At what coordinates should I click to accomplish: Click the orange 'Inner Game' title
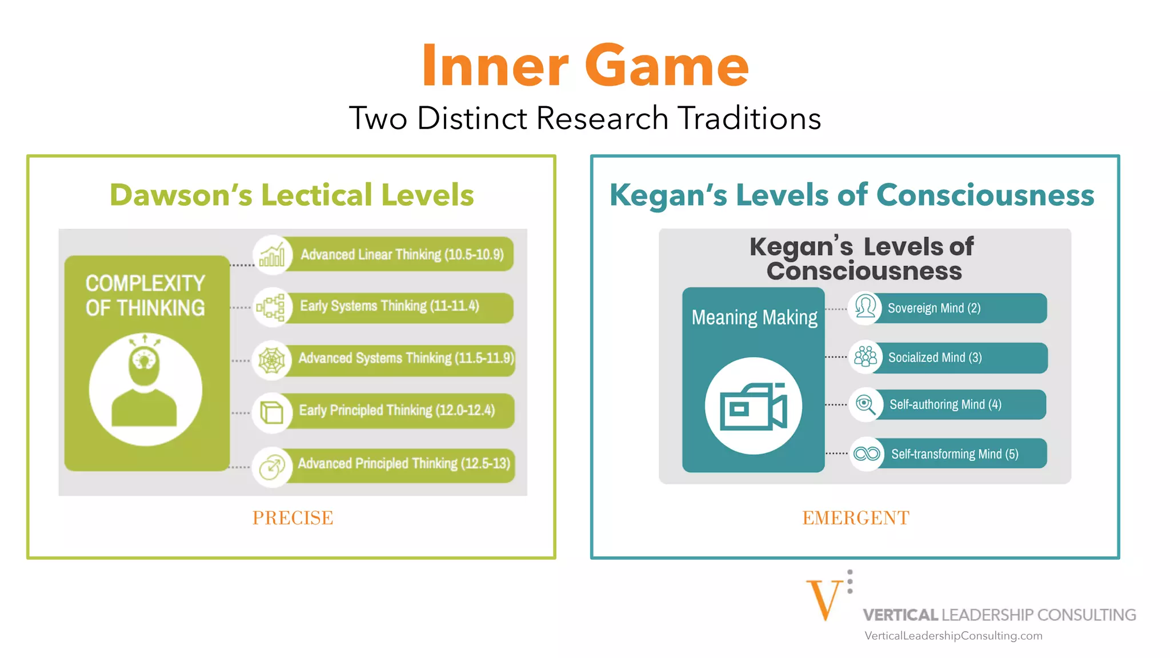(585, 66)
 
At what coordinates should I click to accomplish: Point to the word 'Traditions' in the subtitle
(750, 119)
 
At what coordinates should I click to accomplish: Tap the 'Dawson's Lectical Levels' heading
(292, 195)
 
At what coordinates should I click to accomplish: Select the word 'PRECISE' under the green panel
(292, 518)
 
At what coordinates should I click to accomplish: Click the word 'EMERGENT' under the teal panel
(856, 518)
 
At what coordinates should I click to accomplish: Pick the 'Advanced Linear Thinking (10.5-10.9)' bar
(402, 254)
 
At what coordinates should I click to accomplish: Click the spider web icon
(272, 360)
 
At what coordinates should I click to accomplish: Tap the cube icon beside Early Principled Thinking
(272, 411)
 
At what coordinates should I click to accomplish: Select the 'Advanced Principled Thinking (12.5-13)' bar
(403, 464)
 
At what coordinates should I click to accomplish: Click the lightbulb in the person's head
(145, 360)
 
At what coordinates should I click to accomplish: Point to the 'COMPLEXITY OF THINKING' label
(145, 295)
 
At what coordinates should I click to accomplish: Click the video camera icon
(754, 406)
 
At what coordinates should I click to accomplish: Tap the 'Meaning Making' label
(754, 317)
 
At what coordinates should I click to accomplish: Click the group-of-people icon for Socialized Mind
(866, 357)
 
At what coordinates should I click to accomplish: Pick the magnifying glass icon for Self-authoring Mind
(866, 404)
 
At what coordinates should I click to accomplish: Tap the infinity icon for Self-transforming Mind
(867, 454)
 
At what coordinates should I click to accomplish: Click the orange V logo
(824, 599)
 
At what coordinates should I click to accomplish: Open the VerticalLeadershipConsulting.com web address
(953, 636)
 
